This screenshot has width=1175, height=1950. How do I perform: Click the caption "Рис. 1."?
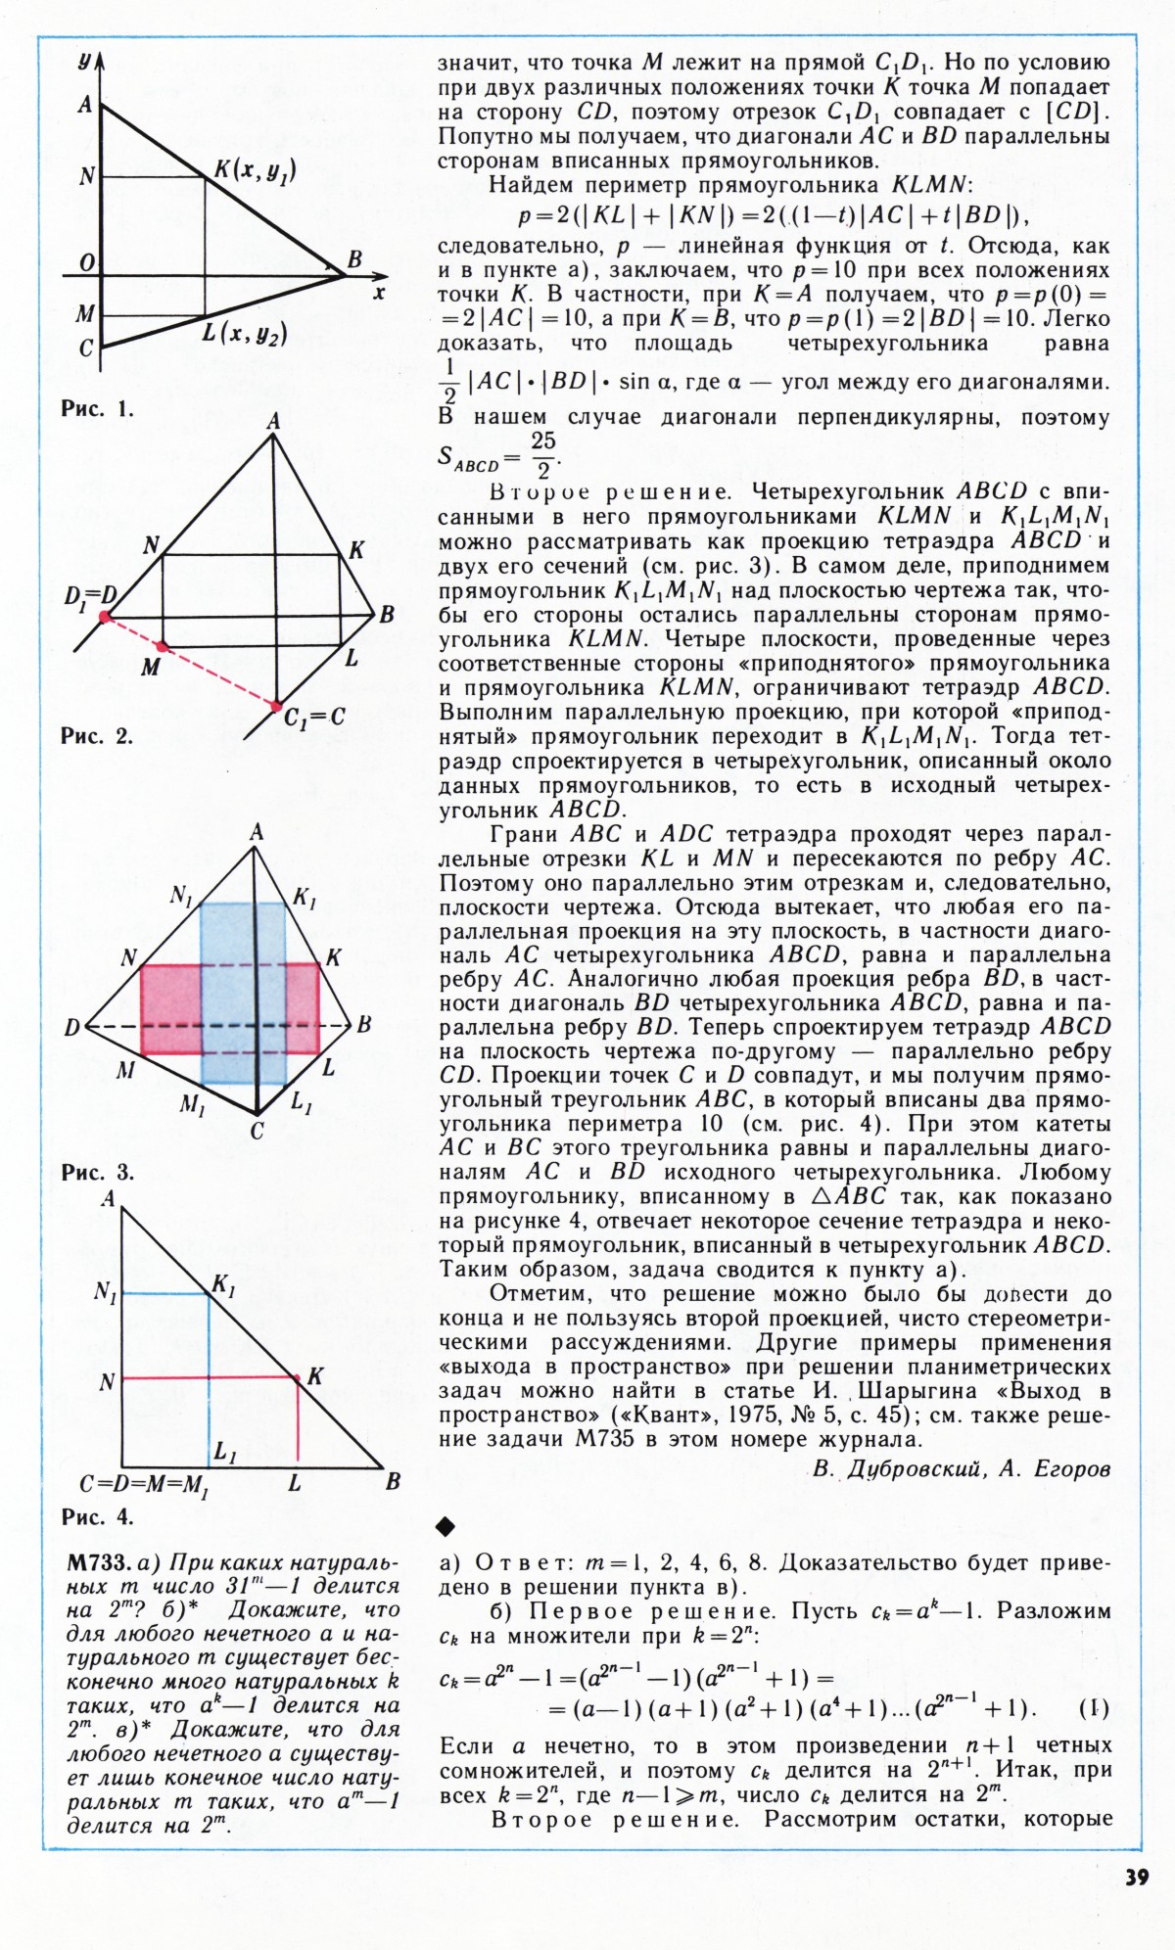(x=97, y=409)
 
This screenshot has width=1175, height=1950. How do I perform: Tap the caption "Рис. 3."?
(x=97, y=1172)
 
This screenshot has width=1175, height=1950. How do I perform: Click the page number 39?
(x=1136, y=1877)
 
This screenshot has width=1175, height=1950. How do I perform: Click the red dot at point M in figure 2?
(x=162, y=647)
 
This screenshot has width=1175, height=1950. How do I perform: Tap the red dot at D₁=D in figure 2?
(x=105, y=617)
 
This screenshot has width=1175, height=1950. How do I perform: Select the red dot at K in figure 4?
(x=297, y=1377)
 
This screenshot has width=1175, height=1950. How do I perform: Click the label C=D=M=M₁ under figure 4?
(x=145, y=1485)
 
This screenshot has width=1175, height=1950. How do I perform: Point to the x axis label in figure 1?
(x=379, y=291)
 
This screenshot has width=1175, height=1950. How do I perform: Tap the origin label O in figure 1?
(x=86, y=262)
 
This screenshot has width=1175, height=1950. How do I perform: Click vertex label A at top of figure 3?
(x=257, y=833)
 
